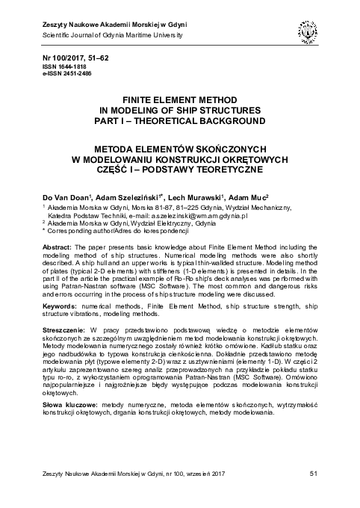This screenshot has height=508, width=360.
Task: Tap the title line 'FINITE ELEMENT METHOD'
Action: [x=179, y=99]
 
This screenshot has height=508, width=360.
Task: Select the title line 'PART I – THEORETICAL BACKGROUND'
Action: [x=179, y=120]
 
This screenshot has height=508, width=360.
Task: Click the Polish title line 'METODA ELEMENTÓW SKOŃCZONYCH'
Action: [x=179, y=148]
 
